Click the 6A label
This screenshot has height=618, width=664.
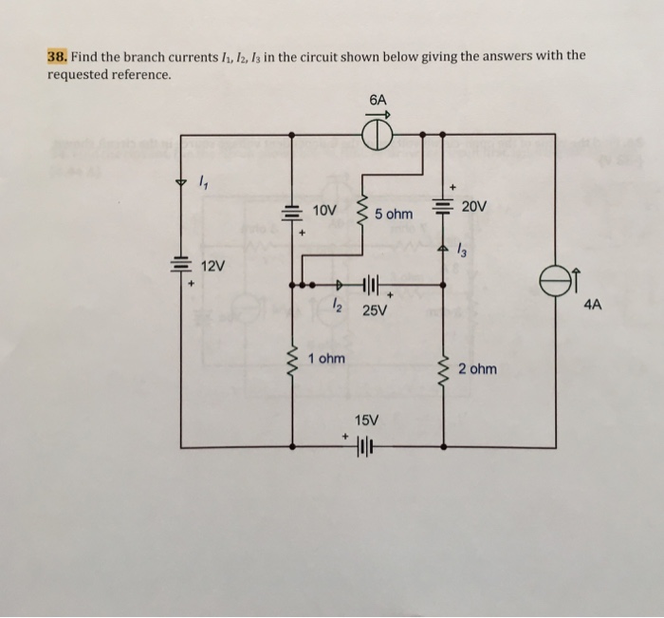click(x=378, y=98)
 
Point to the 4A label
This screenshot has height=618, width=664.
click(x=593, y=305)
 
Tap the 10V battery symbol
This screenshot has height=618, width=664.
click(x=291, y=214)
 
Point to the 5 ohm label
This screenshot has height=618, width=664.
click(x=393, y=215)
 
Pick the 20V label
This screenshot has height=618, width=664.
click(x=475, y=206)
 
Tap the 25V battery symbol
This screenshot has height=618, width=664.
click(x=369, y=283)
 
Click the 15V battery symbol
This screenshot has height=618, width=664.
click(x=366, y=445)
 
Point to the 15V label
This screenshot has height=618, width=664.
click(x=366, y=419)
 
